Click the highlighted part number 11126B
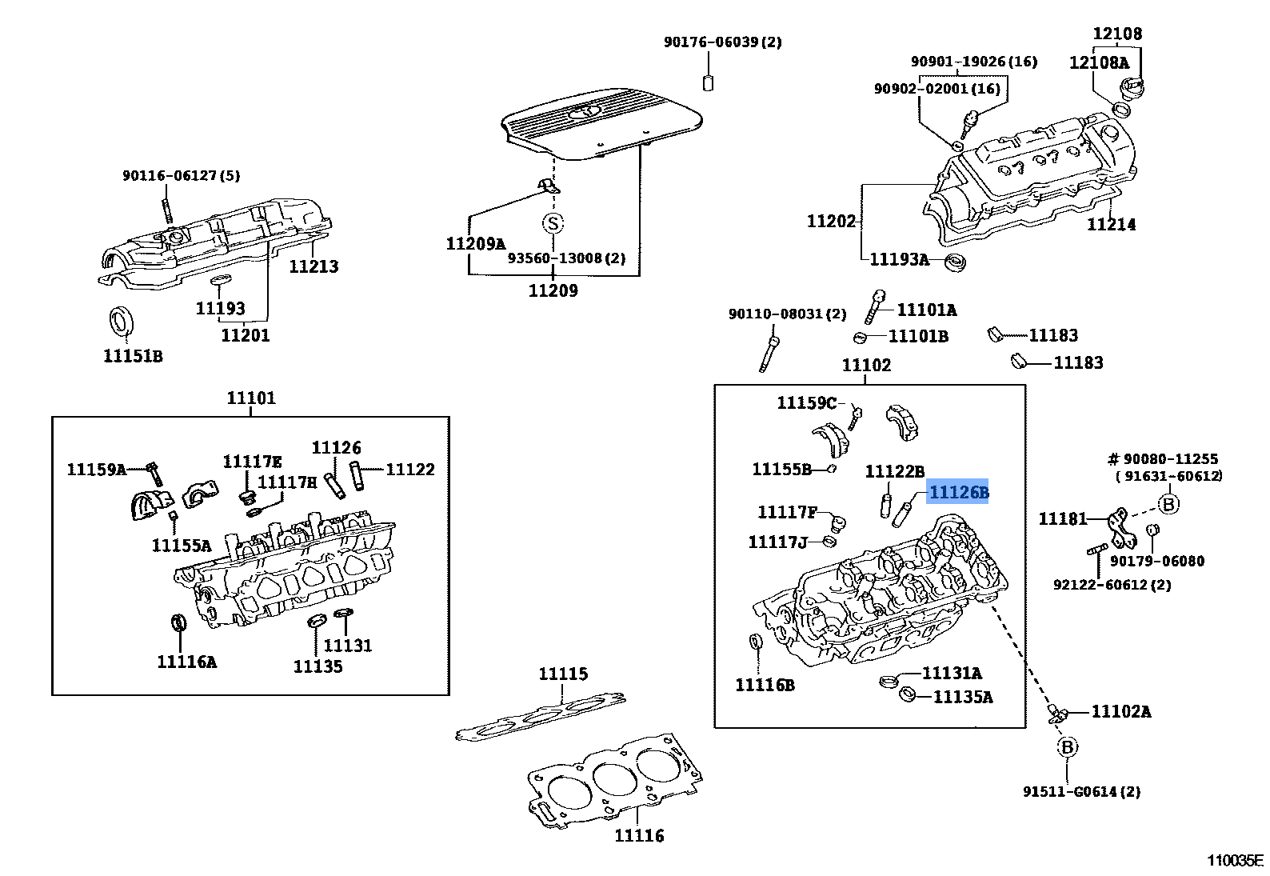click(957, 491)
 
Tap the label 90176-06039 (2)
click(723, 42)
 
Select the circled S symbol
click(553, 223)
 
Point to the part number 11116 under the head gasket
click(639, 835)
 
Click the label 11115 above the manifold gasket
click(563, 674)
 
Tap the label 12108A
click(1099, 62)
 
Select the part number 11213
click(314, 266)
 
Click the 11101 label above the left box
click(251, 398)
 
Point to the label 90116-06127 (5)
click(182, 176)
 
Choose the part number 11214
click(1111, 225)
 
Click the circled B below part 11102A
click(1067, 747)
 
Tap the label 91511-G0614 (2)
click(1081, 791)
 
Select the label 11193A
click(899, 260)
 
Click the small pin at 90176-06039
click(708, 82)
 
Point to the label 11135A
click(963, 697)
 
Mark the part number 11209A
click(475, 244)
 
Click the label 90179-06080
click(1157, 562)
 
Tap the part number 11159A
click(97, 470)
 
